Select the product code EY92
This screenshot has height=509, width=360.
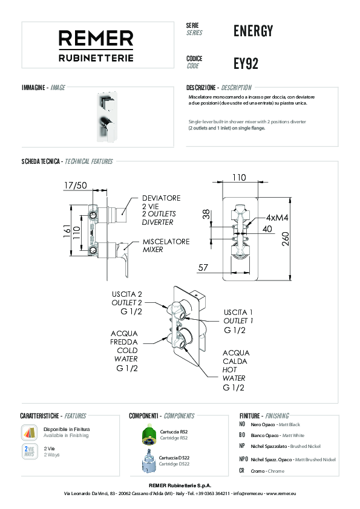246,63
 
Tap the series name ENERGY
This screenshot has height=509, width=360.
253,31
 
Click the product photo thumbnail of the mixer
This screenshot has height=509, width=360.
106,117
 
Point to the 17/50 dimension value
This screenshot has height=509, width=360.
76,186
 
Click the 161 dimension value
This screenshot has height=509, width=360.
67,231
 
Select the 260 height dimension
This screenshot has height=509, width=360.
285,239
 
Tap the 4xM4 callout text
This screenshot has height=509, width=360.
277,218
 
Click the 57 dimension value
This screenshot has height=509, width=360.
203,267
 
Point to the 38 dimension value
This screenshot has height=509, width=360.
206,214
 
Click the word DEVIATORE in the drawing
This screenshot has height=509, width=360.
161,198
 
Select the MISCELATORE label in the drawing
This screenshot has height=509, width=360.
166,242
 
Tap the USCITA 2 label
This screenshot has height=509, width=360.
126,294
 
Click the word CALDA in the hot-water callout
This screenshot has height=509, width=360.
235,361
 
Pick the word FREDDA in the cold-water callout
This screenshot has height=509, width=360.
124,342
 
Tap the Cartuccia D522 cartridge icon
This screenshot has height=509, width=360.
149,461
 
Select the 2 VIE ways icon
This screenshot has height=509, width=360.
29,451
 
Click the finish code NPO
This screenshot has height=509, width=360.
243,459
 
